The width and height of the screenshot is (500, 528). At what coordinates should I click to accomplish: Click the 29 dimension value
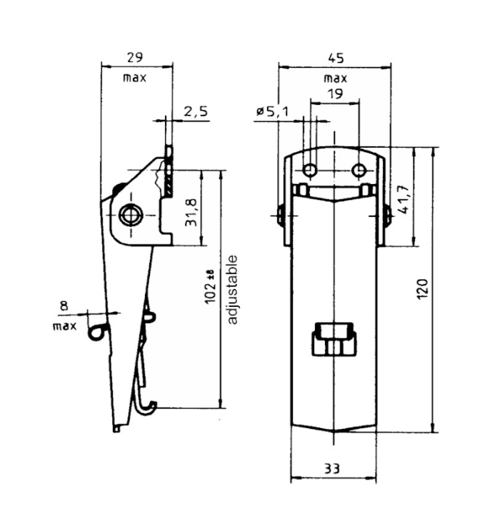click(134, 56)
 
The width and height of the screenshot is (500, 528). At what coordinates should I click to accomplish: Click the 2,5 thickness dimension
click(195, 112)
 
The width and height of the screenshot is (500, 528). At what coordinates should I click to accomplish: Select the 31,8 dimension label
click(191, 212)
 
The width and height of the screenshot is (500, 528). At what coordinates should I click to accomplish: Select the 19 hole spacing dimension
click(334, 93)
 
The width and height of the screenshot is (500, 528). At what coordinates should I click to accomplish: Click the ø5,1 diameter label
click(271, 112)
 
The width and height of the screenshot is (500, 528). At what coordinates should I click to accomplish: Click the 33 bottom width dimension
click(331, 468)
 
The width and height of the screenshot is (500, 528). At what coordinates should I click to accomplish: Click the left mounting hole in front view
click(309, 171)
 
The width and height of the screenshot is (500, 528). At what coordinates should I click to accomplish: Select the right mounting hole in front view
click(360, 171)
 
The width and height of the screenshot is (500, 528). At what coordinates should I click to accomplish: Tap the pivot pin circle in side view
click(130, 215)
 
